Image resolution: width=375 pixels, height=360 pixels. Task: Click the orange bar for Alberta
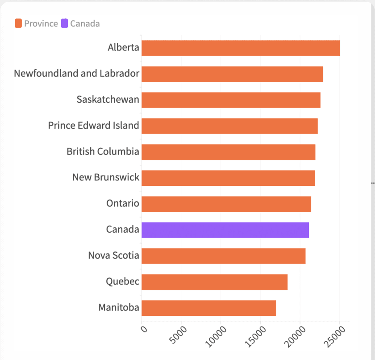click(x=241, y=48)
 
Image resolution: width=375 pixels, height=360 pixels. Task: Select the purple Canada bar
click(x=225, y=230)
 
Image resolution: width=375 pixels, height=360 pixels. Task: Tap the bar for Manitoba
click(x=209, y=308)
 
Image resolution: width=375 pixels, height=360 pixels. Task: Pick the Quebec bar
click(x=215, y=282)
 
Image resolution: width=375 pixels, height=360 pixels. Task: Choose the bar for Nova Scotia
click(x=224, y=256)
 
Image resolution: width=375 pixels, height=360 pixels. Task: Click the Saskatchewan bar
click(x=231, y=100)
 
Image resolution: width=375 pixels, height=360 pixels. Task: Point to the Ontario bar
click(x=226, y=204)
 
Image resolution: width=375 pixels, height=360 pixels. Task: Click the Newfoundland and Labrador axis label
click(x=76, y=73)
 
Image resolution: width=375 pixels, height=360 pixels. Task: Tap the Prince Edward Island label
click(x=93, y=126)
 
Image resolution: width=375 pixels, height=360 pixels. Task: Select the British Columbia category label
click(x=103, y=151)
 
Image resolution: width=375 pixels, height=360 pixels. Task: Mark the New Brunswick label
click(x=106, y=177)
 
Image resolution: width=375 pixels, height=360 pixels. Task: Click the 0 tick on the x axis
click(x=144, y=329)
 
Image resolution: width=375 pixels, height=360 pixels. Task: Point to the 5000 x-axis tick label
click(x=178, y=335)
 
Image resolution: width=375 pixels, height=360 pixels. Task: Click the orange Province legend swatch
click(x=18, y=23)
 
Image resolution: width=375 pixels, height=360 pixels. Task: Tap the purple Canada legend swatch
click(x=65, y=23)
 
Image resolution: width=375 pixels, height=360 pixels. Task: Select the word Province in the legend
click(x=41, y=24)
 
